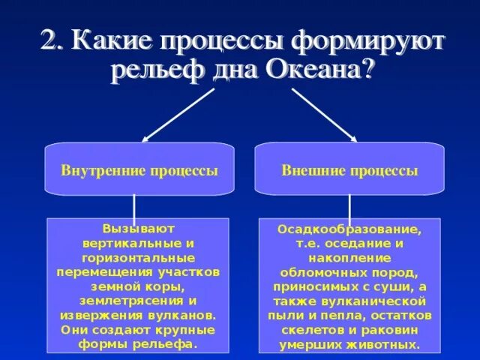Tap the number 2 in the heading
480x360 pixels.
click(49, 39)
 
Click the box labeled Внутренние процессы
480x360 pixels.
click(139, 170)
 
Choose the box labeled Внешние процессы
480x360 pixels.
click(349, 170)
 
